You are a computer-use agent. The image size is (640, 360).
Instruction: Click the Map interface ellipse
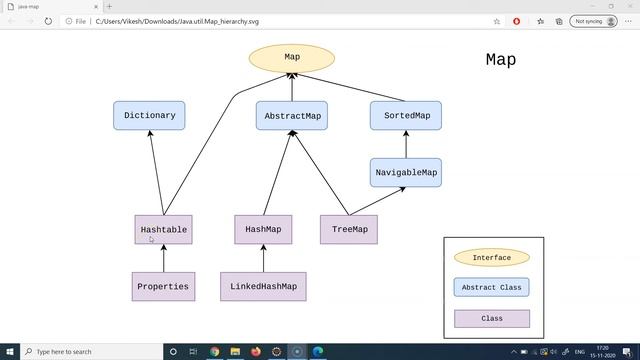(292, 57)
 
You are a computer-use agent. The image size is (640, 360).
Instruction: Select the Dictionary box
(149, 115)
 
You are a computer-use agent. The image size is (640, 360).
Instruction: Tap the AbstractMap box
(292, 116)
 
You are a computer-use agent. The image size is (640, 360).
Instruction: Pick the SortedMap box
(406, 116)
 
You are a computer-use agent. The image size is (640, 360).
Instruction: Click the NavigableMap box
(406, 173)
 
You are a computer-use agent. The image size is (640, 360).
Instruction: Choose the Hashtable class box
(163, 230)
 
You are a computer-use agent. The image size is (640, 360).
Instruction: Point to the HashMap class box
(263, 230)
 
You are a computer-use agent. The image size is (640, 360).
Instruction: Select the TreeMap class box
(349, 230)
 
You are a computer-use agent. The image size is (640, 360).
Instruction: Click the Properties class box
(163, 287)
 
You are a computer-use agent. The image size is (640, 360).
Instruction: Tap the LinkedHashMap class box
(264, 287)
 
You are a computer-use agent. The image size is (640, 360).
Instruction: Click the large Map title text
(501, 60)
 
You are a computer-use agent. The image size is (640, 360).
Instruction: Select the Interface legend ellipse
(491, 258)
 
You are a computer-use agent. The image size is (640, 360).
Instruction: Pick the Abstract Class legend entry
(491, 288)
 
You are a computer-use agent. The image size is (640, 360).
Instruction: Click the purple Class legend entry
(491, 319)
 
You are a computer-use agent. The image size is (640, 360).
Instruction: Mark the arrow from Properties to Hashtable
(163, 258)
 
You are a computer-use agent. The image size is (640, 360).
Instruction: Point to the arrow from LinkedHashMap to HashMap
(263, 258)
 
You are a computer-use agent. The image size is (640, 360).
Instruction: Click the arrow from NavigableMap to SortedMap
(406, 144)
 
